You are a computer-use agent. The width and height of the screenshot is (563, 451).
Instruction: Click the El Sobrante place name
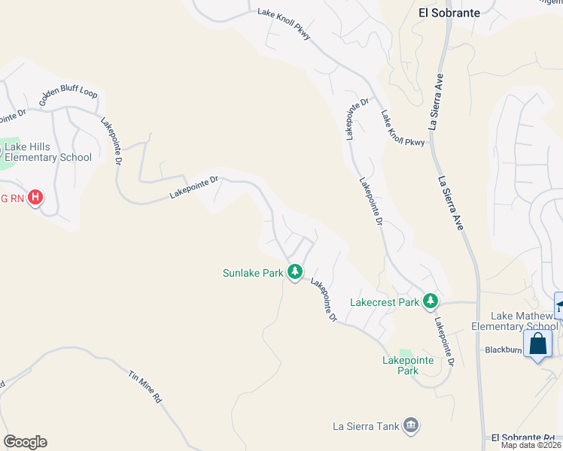tap(449, 12)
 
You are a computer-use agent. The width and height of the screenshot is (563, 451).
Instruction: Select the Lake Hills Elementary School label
tap(47, 152)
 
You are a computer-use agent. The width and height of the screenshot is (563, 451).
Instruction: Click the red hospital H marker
tap(35, 198)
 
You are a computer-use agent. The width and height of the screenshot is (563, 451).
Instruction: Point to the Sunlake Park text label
tap(253, 272)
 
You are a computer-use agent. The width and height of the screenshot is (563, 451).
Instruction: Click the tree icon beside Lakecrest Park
tap(430, 301)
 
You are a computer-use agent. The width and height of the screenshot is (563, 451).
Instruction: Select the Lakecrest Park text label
tap(385, 302)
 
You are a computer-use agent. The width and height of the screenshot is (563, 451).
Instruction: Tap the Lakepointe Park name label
tap(407, 365)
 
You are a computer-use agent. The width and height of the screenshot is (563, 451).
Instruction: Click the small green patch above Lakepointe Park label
tap(406, 353)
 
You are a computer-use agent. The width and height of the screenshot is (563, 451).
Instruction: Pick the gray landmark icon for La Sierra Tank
tap(411, 426)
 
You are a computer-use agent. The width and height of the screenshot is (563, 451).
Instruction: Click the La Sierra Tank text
tap(366, 426)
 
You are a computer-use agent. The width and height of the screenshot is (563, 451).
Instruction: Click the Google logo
tap(25, 442)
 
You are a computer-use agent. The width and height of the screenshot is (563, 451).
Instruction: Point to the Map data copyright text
tap(531, 445)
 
